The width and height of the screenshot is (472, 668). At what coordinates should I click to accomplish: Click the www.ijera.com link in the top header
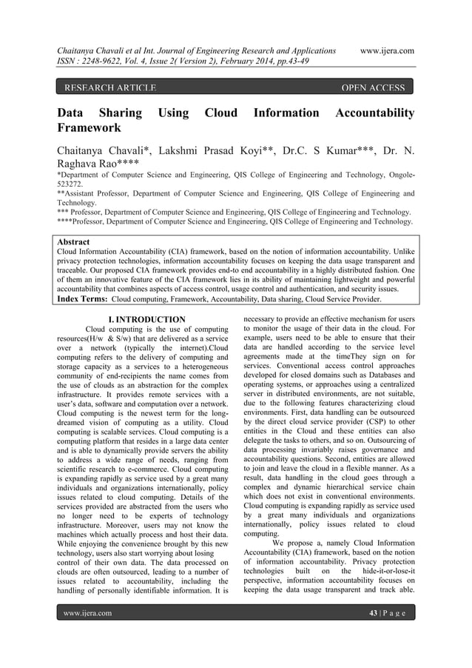(385, 50)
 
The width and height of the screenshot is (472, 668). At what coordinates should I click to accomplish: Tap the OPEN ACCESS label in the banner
(372, 89)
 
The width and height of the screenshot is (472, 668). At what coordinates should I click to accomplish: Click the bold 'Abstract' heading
(73, 242)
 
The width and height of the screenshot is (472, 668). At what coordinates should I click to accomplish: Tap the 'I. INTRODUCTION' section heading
(146, 320)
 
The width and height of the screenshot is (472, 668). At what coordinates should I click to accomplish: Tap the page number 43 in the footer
(374, 614)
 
